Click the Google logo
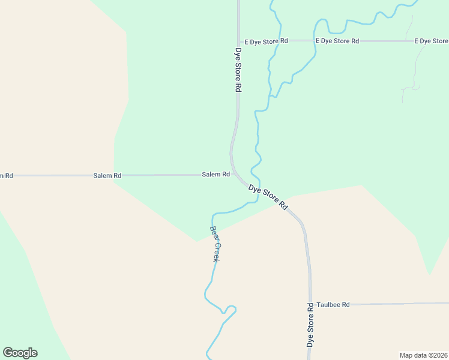(20, 353)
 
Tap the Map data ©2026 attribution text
(423, 355)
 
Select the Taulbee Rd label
(333, 305)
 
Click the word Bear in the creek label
(213, 233)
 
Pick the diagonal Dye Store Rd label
(268, 197)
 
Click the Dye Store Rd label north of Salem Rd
(238, 70)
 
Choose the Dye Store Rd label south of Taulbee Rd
(310, 325)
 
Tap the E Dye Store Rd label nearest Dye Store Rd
(266, 41)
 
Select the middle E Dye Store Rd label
(337, 41)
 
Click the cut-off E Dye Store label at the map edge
(431, 41)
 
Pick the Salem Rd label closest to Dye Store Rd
(215, 175)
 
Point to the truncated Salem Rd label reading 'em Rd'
(6, 176)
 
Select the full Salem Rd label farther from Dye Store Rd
(107, 176)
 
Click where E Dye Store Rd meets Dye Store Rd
(238, 41)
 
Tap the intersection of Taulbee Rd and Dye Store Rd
(310, 305)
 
